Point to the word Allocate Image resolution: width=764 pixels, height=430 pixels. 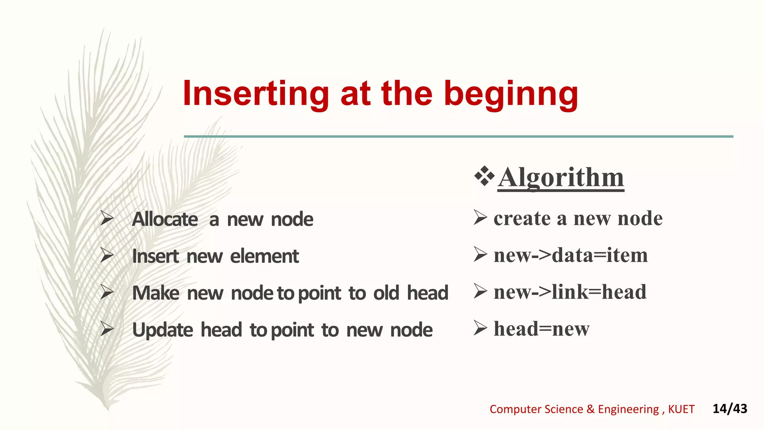(x=165, y=219)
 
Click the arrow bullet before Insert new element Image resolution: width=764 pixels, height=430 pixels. (x=107, y=256)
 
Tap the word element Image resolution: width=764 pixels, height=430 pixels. (x=264, y=256)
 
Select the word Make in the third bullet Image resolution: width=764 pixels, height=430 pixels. (x=156, y=293)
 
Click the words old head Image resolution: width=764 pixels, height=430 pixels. (x=411, y=293)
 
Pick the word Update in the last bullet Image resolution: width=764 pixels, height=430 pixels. (x=163, y=330)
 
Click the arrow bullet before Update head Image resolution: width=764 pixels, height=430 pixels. (x=107, y=330)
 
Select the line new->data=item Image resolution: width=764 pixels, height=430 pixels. (x=570, y=255)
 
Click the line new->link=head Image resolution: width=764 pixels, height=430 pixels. (x=570, y=292)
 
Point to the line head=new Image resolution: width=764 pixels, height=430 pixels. (x=541, y=329)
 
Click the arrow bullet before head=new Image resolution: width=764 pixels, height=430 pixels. (x=480, y=328)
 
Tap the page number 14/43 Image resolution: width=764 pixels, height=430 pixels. (x=730, y=409)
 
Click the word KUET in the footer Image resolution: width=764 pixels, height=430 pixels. (x=681, y=409)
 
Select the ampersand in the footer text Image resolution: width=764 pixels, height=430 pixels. (x=590, y=409)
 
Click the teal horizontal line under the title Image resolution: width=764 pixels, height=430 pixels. (x=458, y=137)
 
